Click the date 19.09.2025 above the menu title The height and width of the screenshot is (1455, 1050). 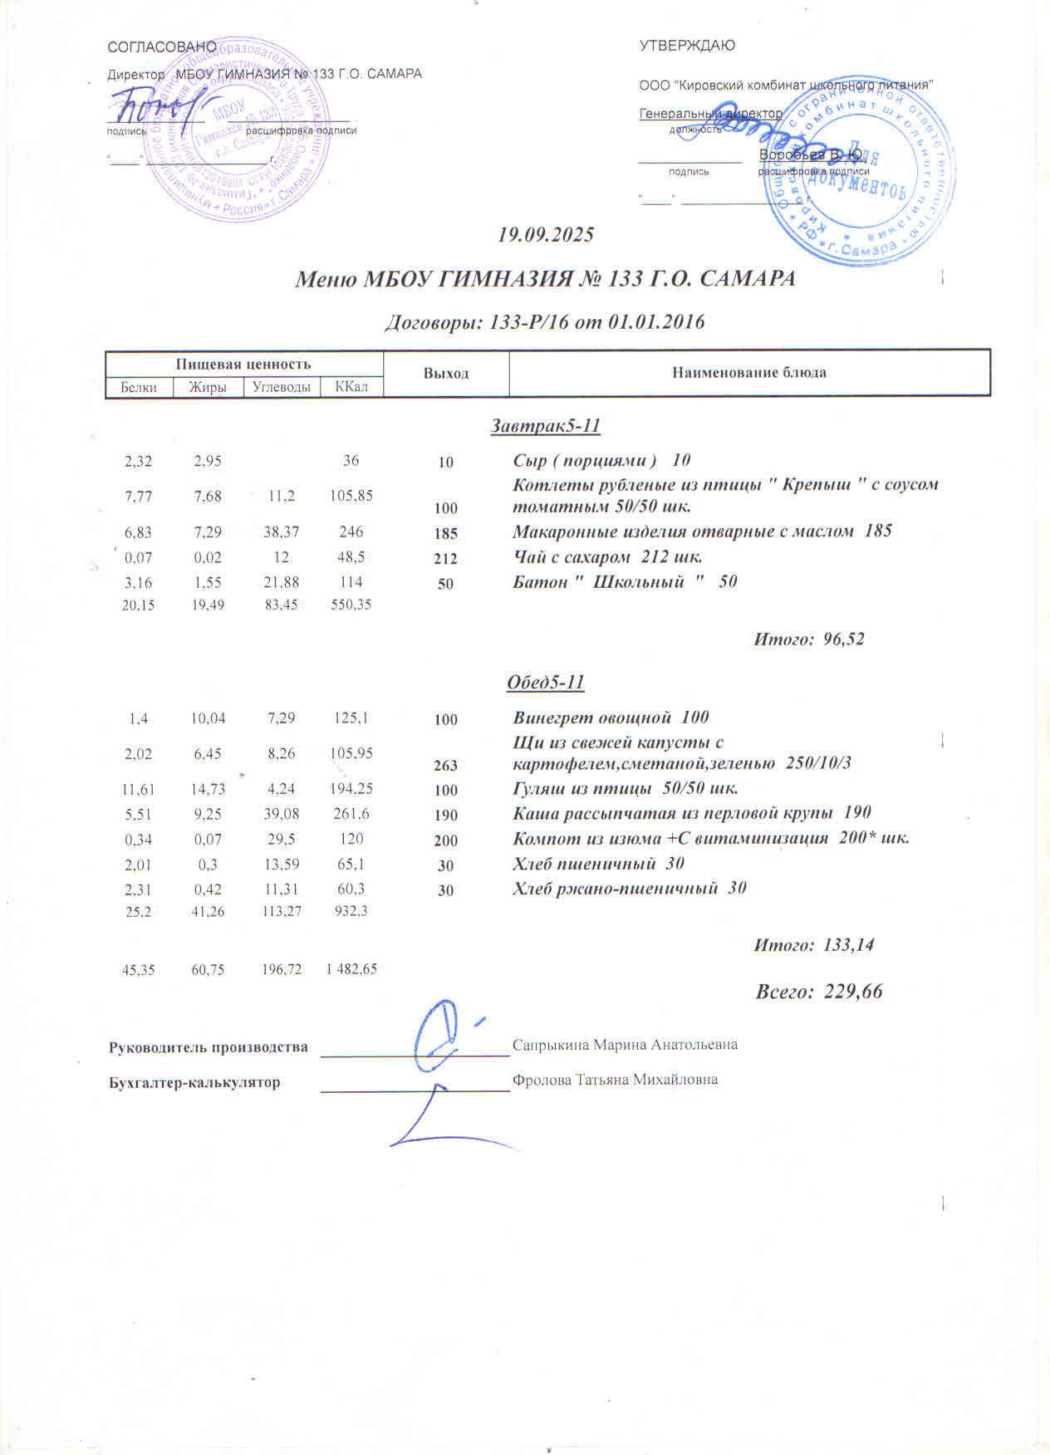pyautogui.click(x=546, y=234)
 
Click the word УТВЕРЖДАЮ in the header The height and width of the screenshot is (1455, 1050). pyautogui.click(x=687, y=46)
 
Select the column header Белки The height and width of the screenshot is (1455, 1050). pyautogui.click(x=139, y=387)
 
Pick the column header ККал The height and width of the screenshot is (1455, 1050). pyautogui.click(x=351, y=386)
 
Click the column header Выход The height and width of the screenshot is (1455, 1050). pyautogui.click(x=446, y=373)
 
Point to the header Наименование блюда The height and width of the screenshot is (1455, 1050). pyautogui.click(x=749, y=372)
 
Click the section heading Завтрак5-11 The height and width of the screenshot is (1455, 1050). pyautogui.click(x=546, y=426)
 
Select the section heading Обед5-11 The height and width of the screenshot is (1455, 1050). pyautogui.click(x=546, y=683)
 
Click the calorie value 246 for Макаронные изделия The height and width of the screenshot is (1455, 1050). pyautogui.click(x=351, y=532)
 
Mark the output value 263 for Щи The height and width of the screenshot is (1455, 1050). pyautogui.click(x=446, y=765)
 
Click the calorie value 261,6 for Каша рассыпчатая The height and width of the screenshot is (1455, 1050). pyautogui.click(x=351, y=814)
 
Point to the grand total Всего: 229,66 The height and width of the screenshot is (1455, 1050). pyautogui.click(x=819, y=991)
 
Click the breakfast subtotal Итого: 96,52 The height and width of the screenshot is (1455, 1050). pyautogui.click(x=808, y=639)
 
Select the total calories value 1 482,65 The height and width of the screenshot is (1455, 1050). pyautogui.click(x=351, y=968)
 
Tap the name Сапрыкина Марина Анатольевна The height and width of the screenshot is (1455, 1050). pyautogui.click(x=625, y=1044)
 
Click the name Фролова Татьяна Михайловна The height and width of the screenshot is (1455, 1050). pyautogui.click(x=615, y=1080)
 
